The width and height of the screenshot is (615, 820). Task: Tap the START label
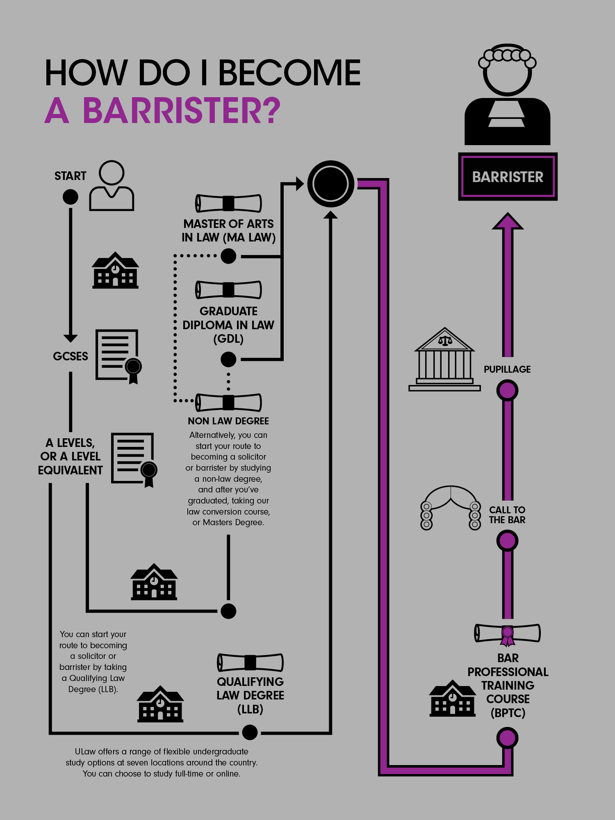click(70, 176)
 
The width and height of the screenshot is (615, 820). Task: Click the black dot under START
click(71, 197)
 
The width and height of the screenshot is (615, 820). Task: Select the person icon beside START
click(112, 186)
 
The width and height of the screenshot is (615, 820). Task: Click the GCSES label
click(71, 356)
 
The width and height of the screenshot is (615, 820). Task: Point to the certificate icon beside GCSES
click(118, 356)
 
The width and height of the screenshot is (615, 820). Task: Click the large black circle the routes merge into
click(330, 184)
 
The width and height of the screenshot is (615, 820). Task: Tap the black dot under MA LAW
click(228, 256)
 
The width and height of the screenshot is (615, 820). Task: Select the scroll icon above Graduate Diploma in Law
click(228, 290)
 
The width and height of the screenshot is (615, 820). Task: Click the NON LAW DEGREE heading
click(228, 421)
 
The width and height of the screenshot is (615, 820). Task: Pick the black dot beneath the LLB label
click(250, 732)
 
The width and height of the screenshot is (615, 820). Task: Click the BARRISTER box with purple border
click(508, 177)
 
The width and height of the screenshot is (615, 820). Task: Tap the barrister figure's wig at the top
click(508, 56)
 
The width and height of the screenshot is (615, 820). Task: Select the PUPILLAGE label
click(507, 369)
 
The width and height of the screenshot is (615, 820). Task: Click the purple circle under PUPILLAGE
click(508, 390)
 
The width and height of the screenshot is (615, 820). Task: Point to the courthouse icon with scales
click(444, 359)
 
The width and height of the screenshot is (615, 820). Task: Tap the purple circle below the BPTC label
click(508, 738)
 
